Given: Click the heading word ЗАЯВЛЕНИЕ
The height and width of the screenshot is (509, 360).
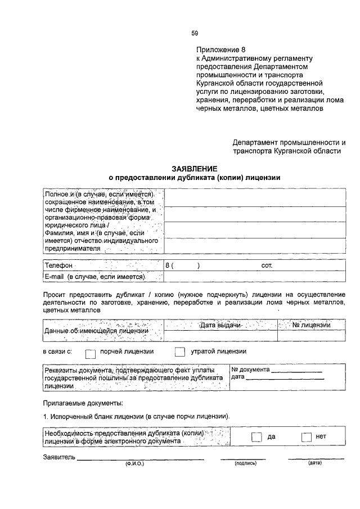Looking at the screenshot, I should click(x=194, y=168).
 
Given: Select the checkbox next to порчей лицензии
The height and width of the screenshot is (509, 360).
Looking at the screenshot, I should click(x=91, y=352).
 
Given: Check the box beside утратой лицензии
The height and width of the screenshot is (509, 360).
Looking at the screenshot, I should click(x=179, y=352).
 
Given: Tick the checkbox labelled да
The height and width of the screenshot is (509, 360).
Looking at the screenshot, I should click(x=256, y=438).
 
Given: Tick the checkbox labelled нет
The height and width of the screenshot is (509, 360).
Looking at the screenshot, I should click(x=307, y=438).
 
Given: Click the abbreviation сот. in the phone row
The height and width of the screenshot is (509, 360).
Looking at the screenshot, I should click(x=267, y=265).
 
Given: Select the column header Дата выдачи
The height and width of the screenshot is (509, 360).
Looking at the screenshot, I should click(x=220, y=326).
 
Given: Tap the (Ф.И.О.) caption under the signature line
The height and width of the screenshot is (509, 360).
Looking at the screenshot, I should click(x=135, y=464).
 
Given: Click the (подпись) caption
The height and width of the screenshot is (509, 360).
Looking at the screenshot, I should click(x=245, y=464).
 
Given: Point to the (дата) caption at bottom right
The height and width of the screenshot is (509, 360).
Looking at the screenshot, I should click(x=314, y=464).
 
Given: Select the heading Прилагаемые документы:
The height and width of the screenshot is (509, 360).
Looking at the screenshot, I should click(x=83, y=403).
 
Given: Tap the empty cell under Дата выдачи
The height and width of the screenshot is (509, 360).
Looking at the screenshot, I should click(x=220, y=336).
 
